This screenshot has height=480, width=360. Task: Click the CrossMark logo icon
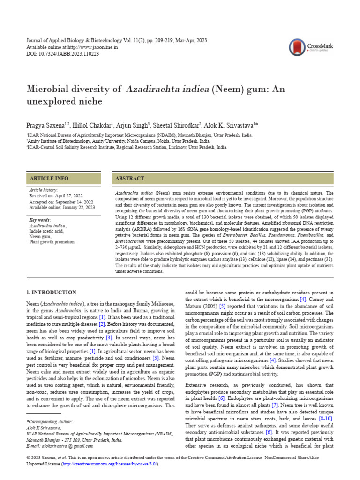tap(297, 47)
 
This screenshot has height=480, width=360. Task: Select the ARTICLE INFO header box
tap(63, 179)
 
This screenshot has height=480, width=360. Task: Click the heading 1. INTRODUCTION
tap(52, 292)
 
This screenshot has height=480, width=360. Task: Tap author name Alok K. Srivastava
tap(229, 126)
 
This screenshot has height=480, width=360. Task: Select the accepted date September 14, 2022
tap(71, 202)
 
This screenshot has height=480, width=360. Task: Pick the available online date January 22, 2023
tap(77, 207)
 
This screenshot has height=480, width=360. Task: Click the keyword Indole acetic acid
tap(46, 231)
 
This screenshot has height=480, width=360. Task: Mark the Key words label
tap(40, 220)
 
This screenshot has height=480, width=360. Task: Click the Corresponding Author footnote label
tap(48, 422)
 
